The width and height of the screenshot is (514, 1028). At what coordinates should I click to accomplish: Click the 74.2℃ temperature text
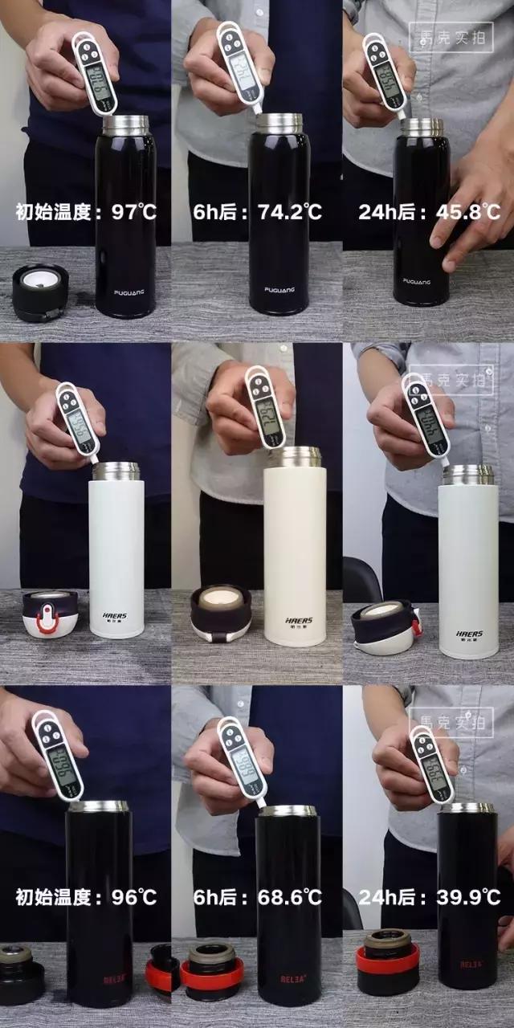coord(290,212)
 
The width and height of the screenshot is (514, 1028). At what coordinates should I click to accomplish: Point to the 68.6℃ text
coord(290,897)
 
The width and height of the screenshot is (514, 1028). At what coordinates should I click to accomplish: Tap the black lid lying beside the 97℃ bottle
coord(40,292)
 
